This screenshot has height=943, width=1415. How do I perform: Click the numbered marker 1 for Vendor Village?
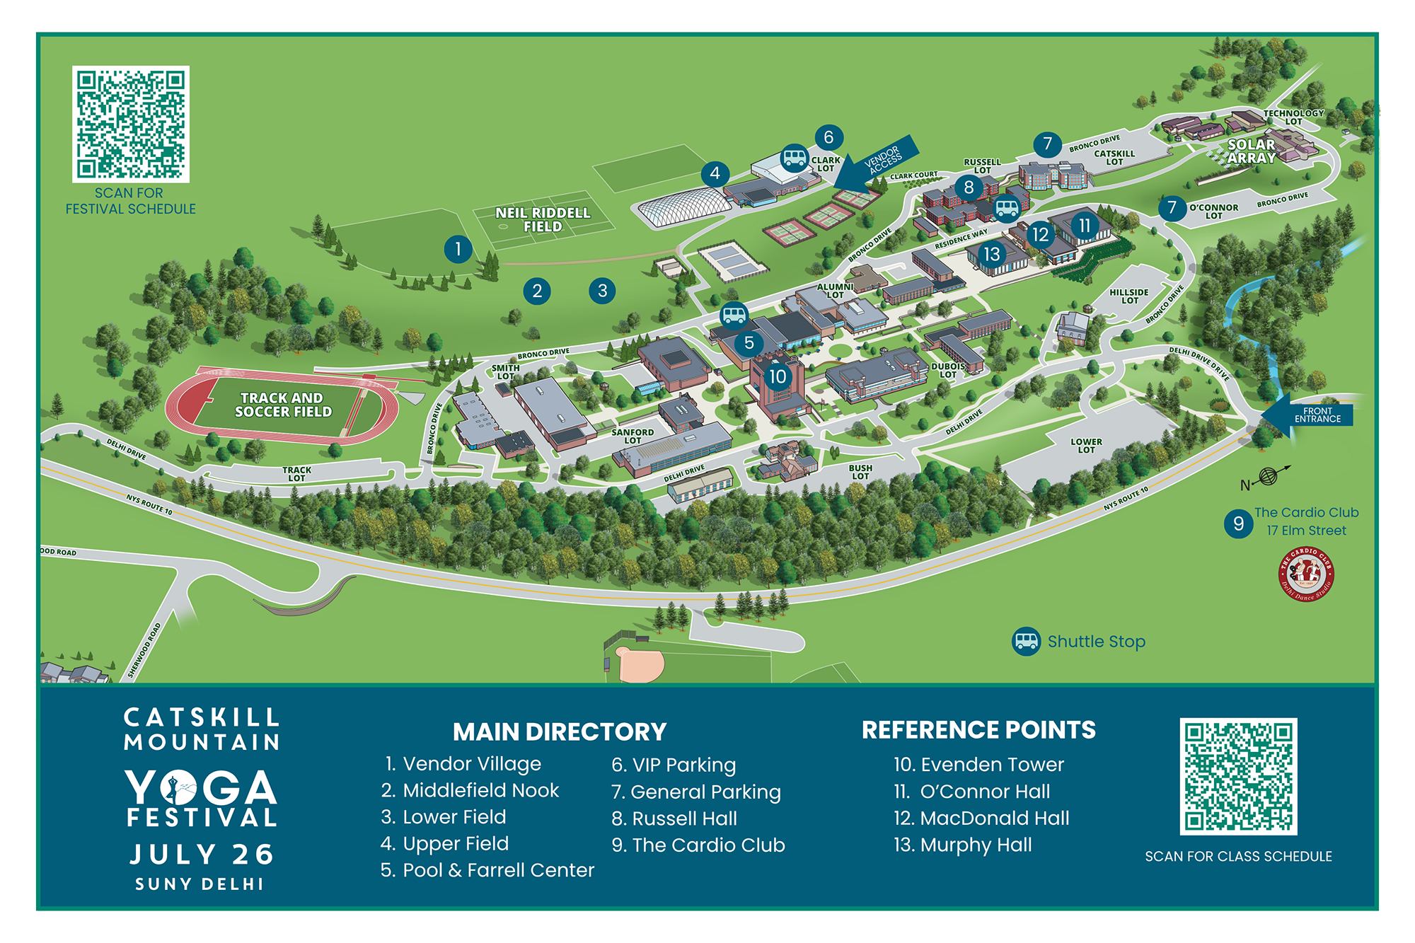click(x=458, y=249)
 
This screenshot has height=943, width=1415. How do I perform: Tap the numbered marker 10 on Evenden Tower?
click(x=778, y=376)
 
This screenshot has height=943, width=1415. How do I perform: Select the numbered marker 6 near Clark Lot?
click(x=828, y=137)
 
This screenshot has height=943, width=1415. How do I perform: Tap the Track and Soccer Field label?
click(x=283, y=405)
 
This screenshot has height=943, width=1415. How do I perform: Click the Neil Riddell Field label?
click(x=543, y=219)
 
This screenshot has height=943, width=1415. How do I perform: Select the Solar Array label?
click(x=1251, y=151)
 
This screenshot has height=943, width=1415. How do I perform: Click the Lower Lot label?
click(x=1086, y=446)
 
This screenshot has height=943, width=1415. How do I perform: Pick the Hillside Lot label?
click(x=1129, y=296)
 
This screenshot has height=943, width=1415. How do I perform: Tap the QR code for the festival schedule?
click(x=131, y=125)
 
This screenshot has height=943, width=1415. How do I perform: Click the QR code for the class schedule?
click(x=1238, y=776)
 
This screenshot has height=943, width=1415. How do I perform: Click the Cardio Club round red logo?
click(x=1306, y=574)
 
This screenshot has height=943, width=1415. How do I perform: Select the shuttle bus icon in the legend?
click(x=1026, y=642)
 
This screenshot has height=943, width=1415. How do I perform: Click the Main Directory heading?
click(x=560, y=731)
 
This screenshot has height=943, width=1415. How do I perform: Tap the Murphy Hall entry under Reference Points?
click(x=963, y=845)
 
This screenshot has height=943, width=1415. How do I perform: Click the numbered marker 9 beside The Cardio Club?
click(x=1238, y=523)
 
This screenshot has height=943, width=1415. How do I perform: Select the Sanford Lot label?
click(x=633, y=436)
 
